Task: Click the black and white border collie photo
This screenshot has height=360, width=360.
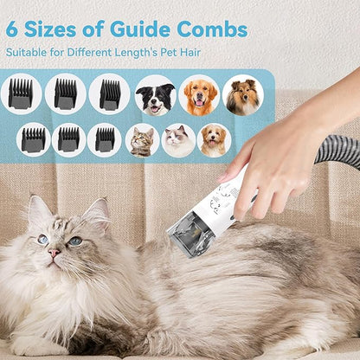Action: pos(156,95)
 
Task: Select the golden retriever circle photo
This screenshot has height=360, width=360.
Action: pos(199,95)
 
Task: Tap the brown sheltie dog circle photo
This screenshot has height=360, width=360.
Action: pos(242,95)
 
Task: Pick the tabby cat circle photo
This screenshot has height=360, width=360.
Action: pos(142,139)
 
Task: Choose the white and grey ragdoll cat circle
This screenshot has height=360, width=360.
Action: pos(178,139)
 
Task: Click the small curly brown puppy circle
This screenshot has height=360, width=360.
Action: pos(214,139)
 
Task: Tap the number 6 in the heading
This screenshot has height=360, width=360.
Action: pos(13,29)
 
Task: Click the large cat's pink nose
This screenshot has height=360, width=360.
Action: pos(54,254)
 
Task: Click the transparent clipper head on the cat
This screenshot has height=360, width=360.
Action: pos(191,232)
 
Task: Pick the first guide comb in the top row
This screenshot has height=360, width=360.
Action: pos(21,93)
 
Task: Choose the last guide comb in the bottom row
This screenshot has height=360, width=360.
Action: pos(105,139)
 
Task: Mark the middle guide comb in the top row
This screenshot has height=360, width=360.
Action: pos(65,93)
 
